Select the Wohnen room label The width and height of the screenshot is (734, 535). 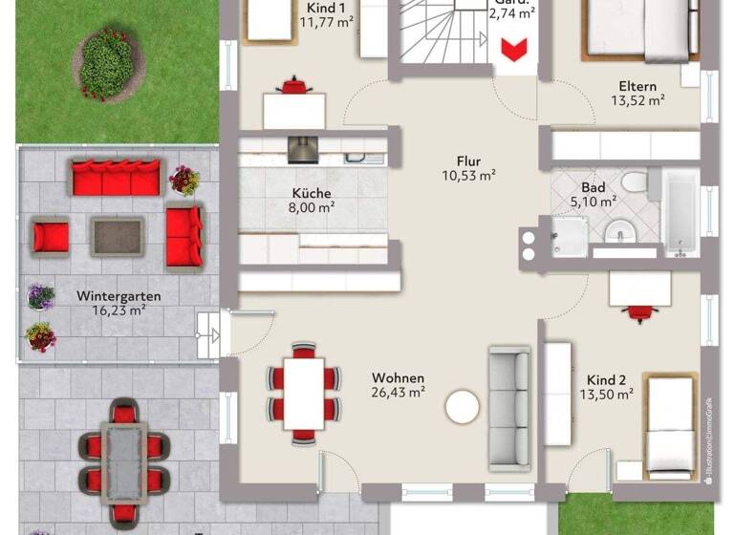(x=399, y=377)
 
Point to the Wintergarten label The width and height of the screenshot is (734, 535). (x=119, y=296)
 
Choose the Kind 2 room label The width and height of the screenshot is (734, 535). (x=607, y=377)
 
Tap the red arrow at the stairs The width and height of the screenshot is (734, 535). (x=515, y=51)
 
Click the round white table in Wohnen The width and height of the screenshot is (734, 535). (x=464, y=406)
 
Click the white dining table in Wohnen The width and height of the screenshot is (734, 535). (x=304, y=392)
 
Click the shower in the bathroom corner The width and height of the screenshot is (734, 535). (x=571, y=235)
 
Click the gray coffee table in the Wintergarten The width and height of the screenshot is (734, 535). (x=118, y=236)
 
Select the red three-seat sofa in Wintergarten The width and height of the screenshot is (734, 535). (x=116, y=179)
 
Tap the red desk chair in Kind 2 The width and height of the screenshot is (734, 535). (x=636, y=311)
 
